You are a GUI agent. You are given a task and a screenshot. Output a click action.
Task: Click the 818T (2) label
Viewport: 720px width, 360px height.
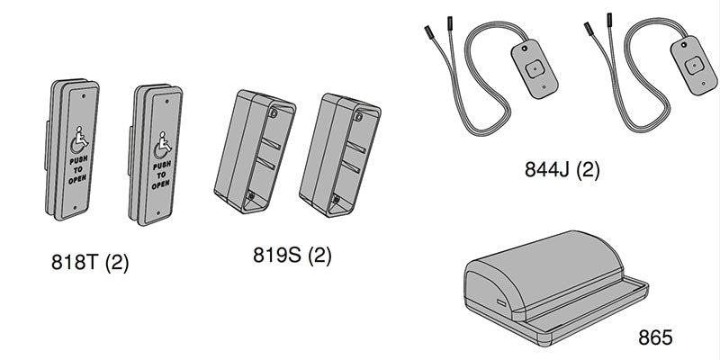(90, 265)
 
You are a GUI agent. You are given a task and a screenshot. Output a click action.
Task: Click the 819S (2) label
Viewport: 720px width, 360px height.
(292, 256)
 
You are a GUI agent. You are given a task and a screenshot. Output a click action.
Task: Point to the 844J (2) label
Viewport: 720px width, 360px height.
(562, 168)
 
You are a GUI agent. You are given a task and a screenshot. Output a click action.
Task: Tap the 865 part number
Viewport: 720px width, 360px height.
(655, 338)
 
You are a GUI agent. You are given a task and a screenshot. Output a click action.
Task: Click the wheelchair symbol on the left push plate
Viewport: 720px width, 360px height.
(79, 140)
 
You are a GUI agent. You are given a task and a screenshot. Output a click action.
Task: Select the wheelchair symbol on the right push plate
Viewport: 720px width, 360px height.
(163, 142)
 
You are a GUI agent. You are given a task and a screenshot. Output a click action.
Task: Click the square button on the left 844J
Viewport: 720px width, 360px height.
(535, 67)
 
